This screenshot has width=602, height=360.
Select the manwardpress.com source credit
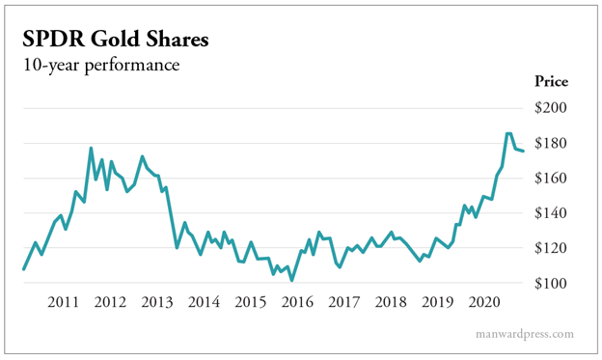coord(525,334)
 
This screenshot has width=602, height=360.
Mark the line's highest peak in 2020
coord(509,134)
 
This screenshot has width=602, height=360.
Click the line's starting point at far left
coord(23,269)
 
